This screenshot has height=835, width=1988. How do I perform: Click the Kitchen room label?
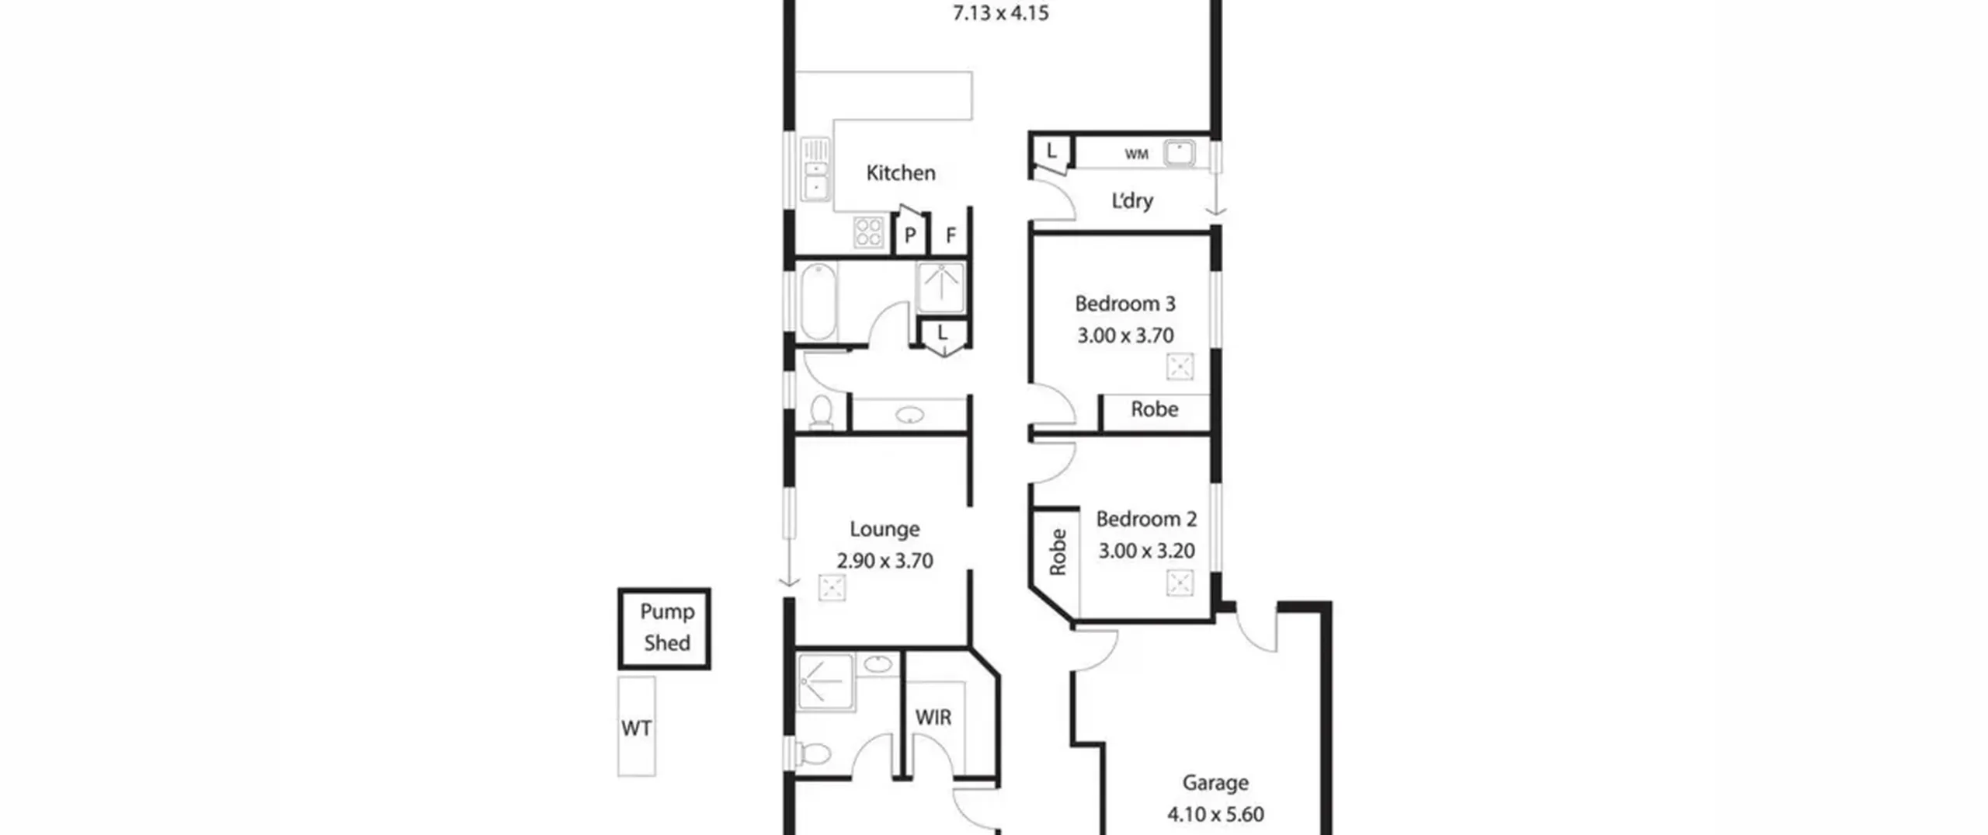(901, 172)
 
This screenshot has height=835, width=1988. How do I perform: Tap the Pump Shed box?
(664, 628)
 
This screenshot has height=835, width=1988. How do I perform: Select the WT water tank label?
(636, 728)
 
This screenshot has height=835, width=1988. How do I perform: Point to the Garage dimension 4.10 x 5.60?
(1215, 814)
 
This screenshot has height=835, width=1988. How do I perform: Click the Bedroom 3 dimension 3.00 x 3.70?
(1125, 336)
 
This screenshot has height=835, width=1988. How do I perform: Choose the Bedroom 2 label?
(1146, 519)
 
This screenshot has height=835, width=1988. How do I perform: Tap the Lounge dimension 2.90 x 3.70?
(885, 561)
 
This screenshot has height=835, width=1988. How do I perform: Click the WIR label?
(933, 717)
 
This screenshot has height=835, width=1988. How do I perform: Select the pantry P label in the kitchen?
(910, 235)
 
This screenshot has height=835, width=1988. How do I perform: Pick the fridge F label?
(951, 235)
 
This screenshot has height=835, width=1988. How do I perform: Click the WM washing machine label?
(1136, 155)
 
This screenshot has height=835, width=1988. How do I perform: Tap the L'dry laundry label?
(1132, 200)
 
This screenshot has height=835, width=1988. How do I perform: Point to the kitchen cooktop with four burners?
(868, 231)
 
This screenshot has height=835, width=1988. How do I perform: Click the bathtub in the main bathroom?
(818, 302)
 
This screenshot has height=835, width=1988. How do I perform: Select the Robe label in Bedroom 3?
(1154, 409)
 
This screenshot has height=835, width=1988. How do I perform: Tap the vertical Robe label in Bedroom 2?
(1057, 552)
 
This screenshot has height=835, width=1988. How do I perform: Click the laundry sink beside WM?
(1179, 153)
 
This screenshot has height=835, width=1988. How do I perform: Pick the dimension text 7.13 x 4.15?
(1001, 13)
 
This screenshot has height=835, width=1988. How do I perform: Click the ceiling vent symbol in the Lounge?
(832, 588)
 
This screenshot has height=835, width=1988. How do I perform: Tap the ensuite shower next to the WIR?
(825, 682)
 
